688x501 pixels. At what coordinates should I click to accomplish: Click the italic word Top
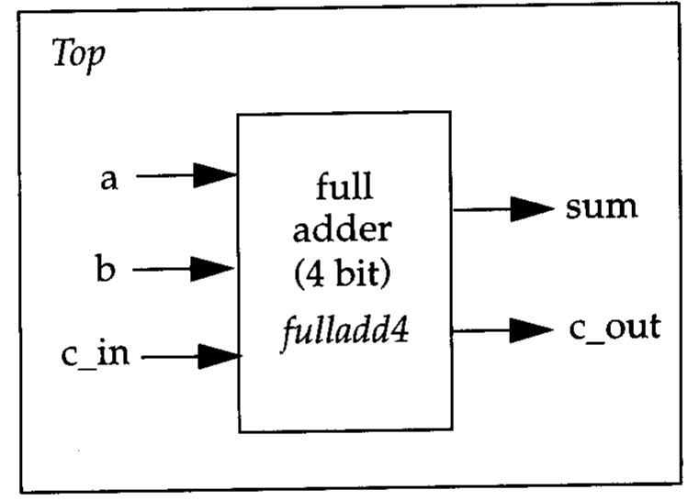[79, 55]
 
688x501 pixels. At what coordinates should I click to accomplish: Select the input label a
[109, 178]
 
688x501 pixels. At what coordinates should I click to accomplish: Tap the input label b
[106, 271]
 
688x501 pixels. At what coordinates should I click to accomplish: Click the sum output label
[601, 206]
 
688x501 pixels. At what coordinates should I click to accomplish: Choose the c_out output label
[614, 328]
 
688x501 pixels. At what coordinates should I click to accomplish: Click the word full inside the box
[344, 187]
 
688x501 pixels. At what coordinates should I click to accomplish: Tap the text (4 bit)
[344, 273]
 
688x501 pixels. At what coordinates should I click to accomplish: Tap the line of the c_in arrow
[171, 355]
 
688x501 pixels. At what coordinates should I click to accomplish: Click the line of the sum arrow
[482, 209]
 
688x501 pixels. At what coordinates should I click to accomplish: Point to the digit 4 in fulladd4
[400, 328]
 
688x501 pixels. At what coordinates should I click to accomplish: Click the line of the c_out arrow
[481, 329]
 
